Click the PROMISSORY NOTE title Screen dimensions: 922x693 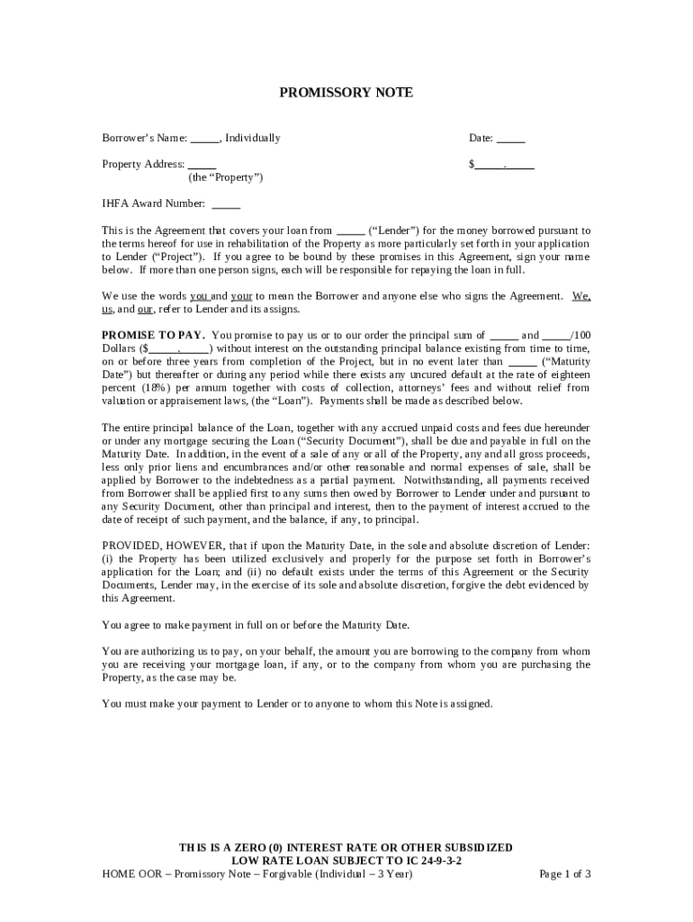pyautogui.click(x=346, y=93)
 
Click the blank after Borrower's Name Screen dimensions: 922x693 pyautogui.click(x=204, y=140)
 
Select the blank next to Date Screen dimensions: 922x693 pyautogui.click(x=511, y=140)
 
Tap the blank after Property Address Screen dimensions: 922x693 pyautogui.click(x=202, y=166)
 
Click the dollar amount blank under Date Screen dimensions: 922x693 pyautogui.click(x=505, y=166)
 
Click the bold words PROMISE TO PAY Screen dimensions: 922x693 pyautogui.click(x=153, y=335)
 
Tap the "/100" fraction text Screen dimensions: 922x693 pyautogui.click(x=580, y=335)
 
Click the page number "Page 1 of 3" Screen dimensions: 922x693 pyautogui.click(x=564, y=873)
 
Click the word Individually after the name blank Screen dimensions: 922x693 pyautogui.click(x=253, y=139)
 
